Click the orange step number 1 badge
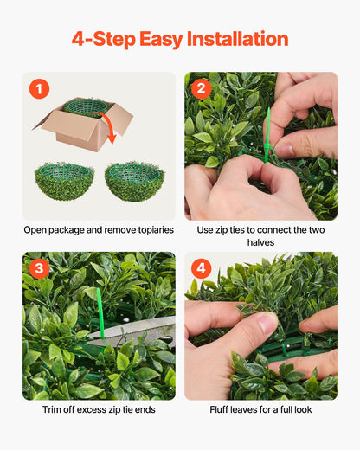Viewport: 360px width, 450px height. tap(40, 89)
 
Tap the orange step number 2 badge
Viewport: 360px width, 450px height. tap(202, 89)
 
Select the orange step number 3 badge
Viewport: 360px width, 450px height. tap(40, 268)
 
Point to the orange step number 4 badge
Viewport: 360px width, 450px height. tap(202, 268)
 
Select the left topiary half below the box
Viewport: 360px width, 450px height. tap(64, 182)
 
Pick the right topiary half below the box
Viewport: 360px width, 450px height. tap(134, 181)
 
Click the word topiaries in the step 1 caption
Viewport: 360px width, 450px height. tap(151, 230)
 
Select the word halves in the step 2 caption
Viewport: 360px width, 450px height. tap(260, 242)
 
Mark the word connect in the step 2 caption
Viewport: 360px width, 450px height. tap(267, 230)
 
